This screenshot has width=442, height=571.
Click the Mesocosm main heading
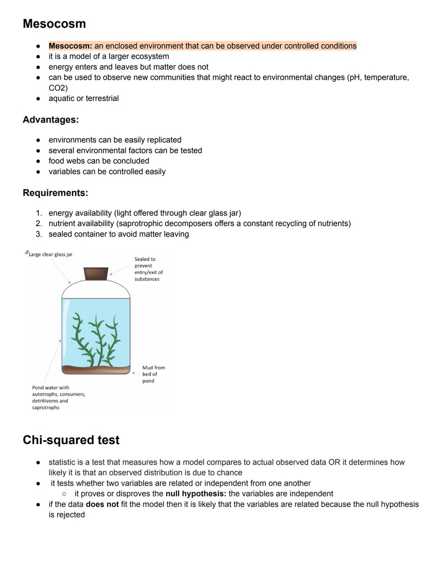[x=54, y=24]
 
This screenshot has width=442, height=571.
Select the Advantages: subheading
[x=50, y=120]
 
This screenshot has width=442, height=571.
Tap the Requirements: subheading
[x=55, y=193]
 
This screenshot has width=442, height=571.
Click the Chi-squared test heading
[x=71, y=440]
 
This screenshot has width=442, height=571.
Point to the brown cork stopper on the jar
[x=96, y=273]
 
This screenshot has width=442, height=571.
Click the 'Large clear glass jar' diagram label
[x=50, y=254]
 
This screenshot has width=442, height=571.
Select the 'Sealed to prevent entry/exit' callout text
[x=148, y=269]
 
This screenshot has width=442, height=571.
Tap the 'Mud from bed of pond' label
[x=153, y=374]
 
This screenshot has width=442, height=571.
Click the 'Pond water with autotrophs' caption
[x=58, y=397]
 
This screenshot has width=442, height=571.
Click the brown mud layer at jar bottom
[x=96, y=370]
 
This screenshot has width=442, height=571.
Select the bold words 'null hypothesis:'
[x=196, y=494]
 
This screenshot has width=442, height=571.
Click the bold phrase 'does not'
[x=102, y=504]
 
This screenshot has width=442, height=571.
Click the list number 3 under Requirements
[x=38, y=234]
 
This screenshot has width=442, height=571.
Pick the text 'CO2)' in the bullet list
[x=58, y=88]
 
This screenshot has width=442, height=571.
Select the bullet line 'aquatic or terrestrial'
[x=83, y=99]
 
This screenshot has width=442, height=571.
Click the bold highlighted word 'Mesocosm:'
[x=70, y=46]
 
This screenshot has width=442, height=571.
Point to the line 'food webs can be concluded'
[x=99, y=161]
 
